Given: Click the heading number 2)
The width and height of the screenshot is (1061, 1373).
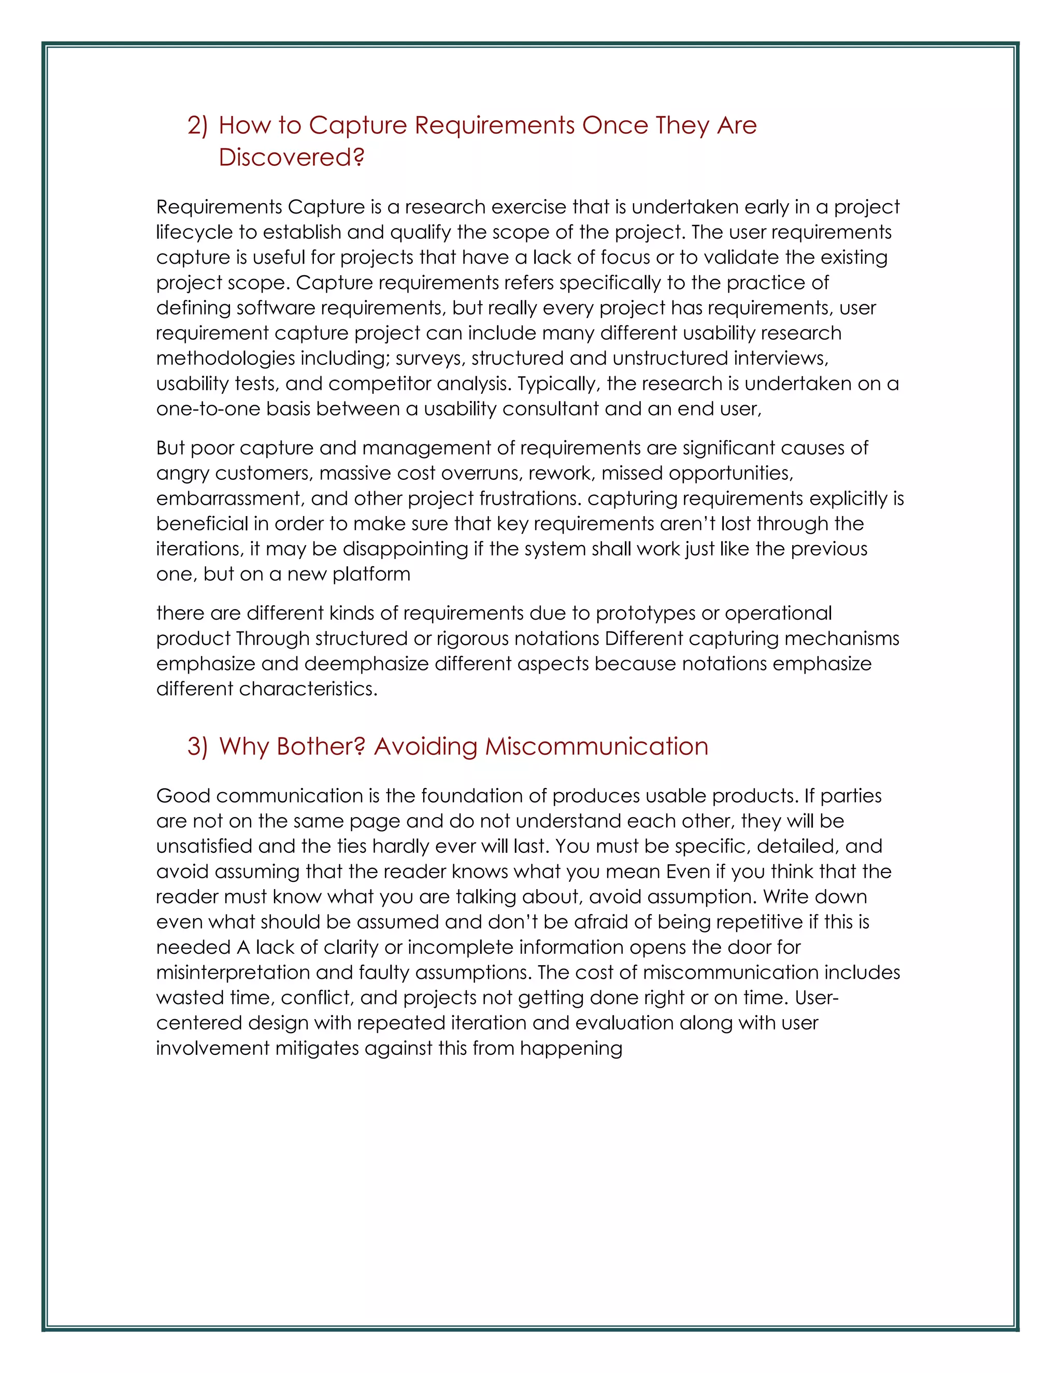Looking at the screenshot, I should coord(197,126).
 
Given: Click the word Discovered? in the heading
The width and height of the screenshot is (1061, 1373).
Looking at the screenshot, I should coord(291,157).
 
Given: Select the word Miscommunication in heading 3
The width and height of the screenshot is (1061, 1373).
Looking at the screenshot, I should coord(596,746).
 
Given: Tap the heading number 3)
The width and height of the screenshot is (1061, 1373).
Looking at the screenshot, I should coord(197,746).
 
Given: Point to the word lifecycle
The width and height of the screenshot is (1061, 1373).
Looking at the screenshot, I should coord(194,233).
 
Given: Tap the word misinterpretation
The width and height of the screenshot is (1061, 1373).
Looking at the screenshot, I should coord(233,972).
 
